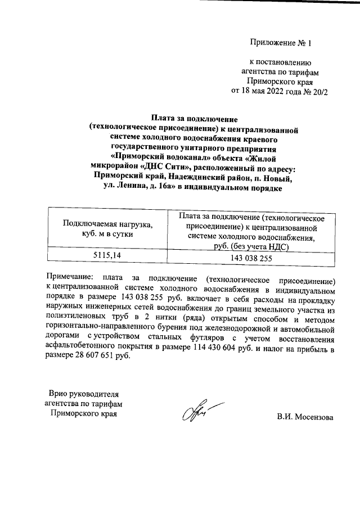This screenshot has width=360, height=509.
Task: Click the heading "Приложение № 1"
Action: pyautogui.click(x=280, y=42)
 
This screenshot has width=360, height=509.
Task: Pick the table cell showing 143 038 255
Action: pyautogui.click(x=251, y=258)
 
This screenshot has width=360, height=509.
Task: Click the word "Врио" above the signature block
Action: pyautogui.click(x=58, y=393)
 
